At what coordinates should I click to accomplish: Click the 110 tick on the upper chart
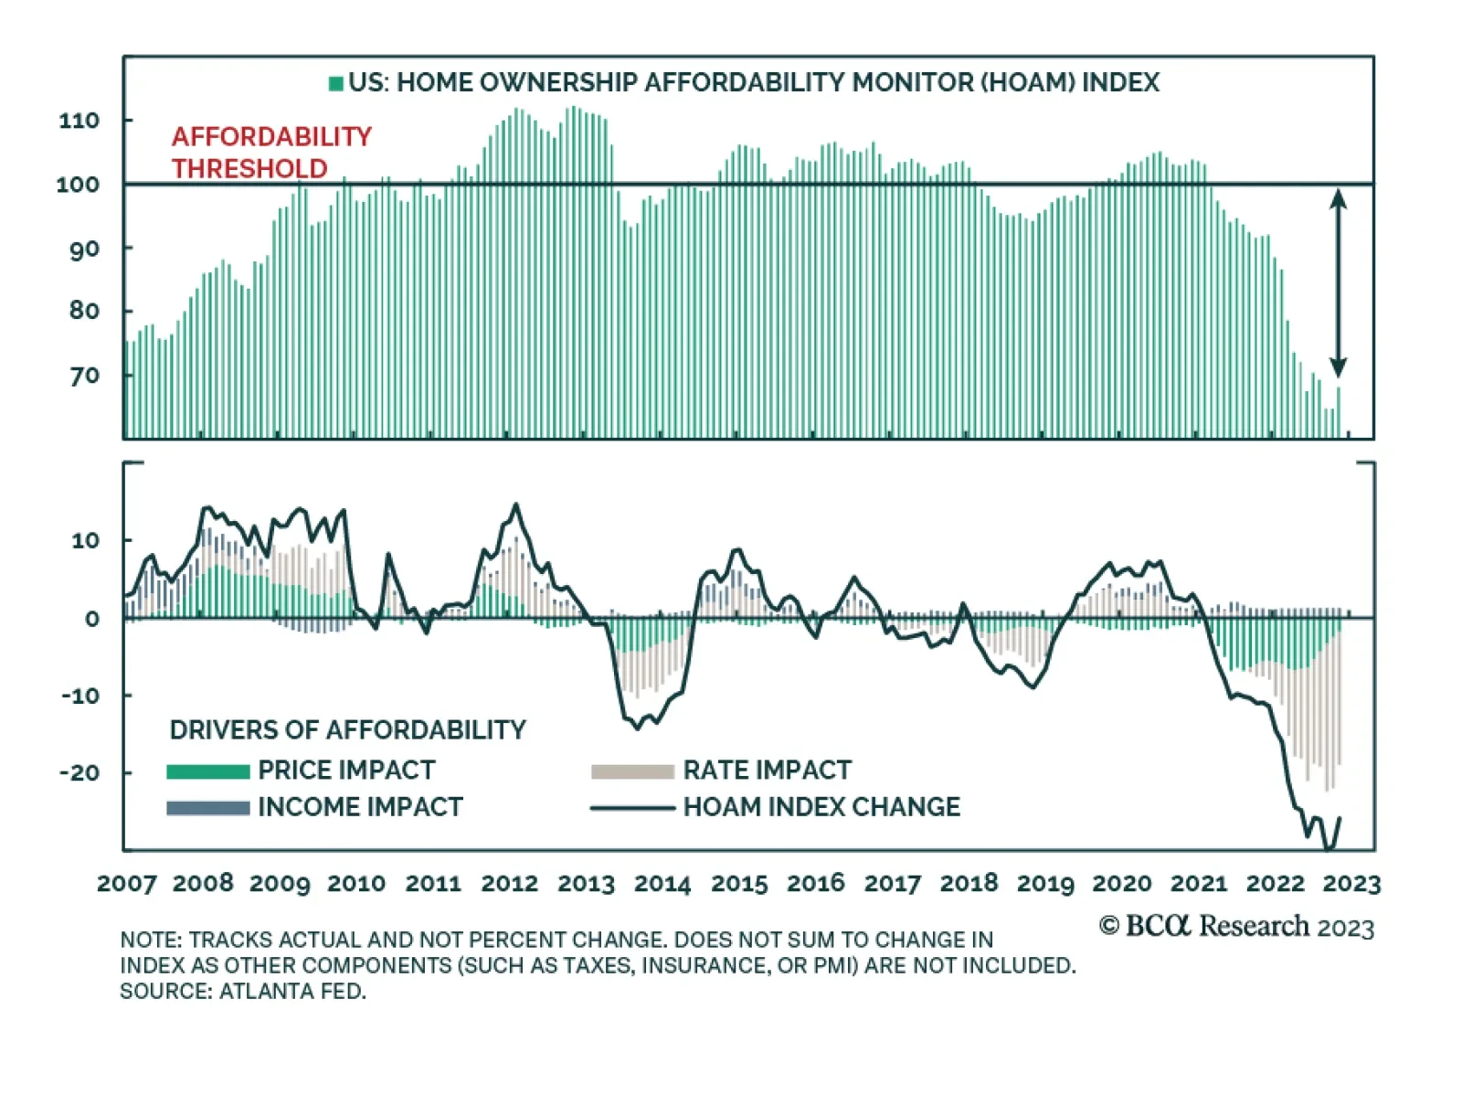click(x=79, y=121)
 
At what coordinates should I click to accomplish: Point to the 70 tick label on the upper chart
click(x=84, y=376)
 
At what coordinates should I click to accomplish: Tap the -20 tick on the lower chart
click(x=79, y=773)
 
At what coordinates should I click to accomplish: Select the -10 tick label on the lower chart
click(x=80, y=696)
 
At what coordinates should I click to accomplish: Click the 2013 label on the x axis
click(x=586, y=884)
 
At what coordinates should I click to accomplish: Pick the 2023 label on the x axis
click(x=1351, y=884)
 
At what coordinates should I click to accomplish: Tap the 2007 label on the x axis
click(x=127, y=884)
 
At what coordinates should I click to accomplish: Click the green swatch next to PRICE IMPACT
click(x=207, y=771)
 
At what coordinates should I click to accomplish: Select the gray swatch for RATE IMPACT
click(x=632, y=771)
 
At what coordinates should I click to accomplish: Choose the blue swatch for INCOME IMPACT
click(x=207, y=808)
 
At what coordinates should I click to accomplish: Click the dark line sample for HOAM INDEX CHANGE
click(x=632, y=808)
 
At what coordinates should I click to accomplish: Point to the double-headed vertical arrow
click(x=1338, y=282)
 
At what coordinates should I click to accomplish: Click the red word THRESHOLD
click(x=249, y=169)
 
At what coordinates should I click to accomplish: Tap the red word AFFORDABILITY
click(x=271, y=137)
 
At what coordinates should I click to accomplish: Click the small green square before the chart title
click(x=336, y=83)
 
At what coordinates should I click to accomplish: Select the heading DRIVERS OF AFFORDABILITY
click(x=347, y=730)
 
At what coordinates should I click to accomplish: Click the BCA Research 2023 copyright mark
click(x=1236, y=927)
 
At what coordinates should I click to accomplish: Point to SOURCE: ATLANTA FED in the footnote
click(x=242, y=992)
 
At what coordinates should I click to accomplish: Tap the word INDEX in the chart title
click(x=1120, y=83)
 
